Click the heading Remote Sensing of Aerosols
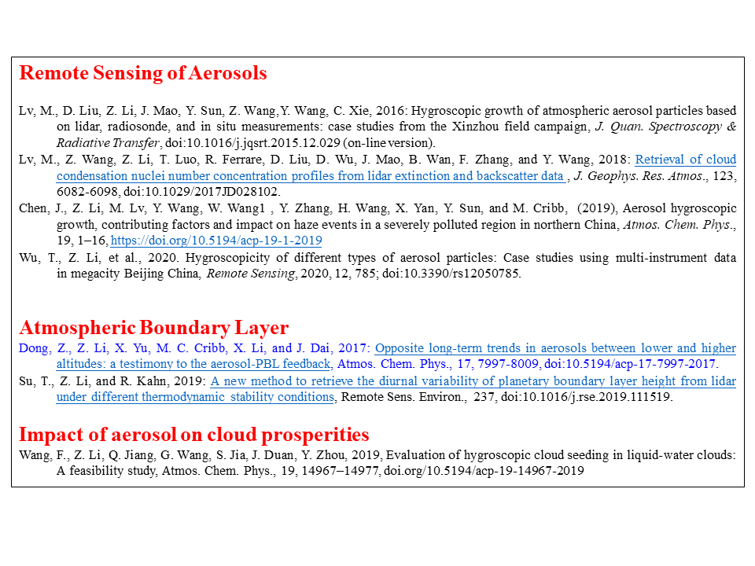142,74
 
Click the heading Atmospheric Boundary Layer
153,328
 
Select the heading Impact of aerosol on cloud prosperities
193,435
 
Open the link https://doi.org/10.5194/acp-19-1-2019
216,241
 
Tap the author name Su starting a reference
27,381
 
